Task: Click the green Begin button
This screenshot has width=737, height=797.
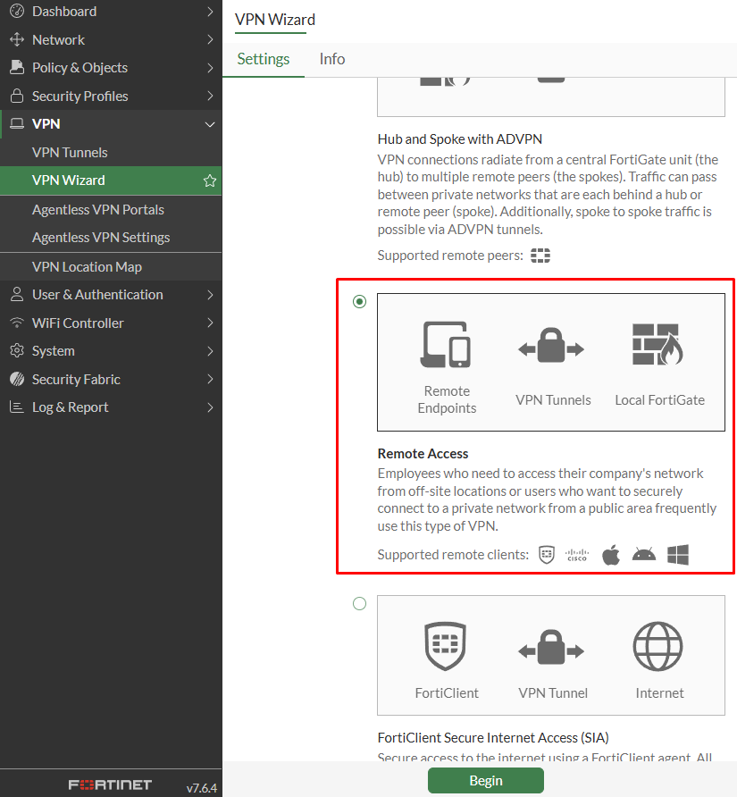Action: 485,780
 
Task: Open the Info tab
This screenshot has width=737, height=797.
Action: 332,59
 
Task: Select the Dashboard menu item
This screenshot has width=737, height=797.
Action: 64,12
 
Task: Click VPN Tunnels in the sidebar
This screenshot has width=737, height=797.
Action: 70,152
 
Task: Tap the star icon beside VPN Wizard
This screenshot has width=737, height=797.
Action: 210,180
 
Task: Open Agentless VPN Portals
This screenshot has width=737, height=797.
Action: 98,209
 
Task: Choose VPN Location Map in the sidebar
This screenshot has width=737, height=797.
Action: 87,266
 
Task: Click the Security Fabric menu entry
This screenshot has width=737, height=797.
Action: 76,379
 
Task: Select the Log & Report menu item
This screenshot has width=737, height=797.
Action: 70,407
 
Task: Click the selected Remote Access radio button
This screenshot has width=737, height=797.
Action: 359,302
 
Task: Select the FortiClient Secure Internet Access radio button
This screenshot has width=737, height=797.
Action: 359,604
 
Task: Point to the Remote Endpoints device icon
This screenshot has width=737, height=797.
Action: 446,345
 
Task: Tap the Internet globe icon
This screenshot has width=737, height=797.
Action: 659,647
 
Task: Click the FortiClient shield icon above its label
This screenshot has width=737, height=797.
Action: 447,647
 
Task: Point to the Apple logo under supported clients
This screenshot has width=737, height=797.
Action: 611,555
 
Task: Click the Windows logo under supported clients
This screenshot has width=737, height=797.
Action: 678,555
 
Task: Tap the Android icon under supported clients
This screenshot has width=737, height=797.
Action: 644,555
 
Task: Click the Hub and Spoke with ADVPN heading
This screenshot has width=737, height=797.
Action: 460,139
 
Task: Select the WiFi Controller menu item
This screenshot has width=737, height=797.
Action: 78,323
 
